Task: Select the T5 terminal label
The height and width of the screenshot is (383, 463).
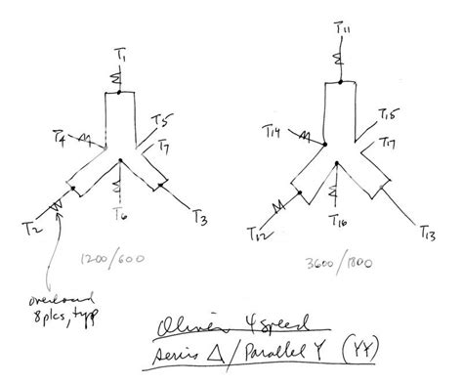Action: (161, 122)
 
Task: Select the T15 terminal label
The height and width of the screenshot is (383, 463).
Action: (387, 116)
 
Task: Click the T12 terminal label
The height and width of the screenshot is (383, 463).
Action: (257, 233)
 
